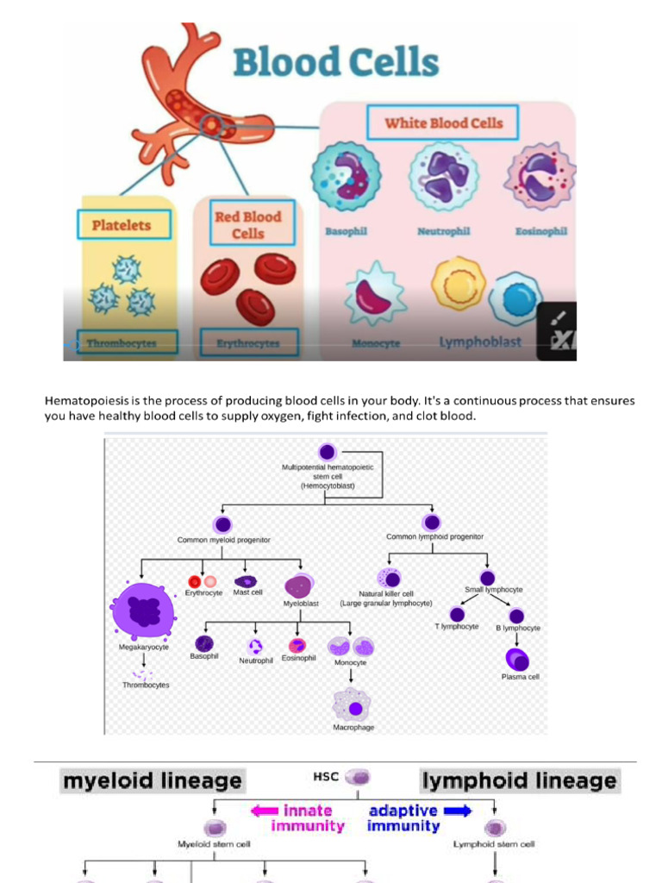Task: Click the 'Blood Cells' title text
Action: click(x=335, y=62)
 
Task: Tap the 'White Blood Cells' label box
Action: click(x=443, y=122)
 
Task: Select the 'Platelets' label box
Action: click(x=122, y=225)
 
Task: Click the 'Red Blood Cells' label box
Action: click(x=247, y=224)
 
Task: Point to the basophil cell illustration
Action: click(x=345, y=176)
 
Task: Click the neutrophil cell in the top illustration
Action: click(x=443, y=175)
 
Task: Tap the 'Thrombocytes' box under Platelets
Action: click(x=127, y=342)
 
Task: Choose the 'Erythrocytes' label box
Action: click(x=248, y=342)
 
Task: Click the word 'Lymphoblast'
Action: click(x=480, y=341)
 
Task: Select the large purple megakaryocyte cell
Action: click(x=143, y=611)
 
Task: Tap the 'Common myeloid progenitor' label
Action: click(x=224, y=540)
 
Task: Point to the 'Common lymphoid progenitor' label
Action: click(x=434, y=536)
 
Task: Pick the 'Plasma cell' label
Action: click(x=520, y=677)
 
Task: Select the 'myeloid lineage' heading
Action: click(x=152, y=781)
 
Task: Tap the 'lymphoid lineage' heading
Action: click(x=520, y=781)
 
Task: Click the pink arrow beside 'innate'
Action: click(x=265, y=811)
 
